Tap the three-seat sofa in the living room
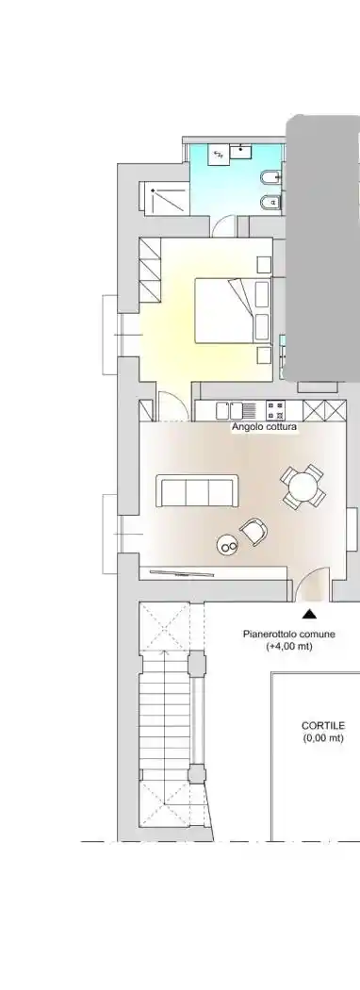tap(197, 491)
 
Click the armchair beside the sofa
tap(254, 533)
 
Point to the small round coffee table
tap(227, 543)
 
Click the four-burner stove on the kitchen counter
tap(277, 410)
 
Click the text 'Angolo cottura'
tap(265, 427)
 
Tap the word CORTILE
tap(323, 726)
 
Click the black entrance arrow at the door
tap(309, 614)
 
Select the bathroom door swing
tap(223, 224)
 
